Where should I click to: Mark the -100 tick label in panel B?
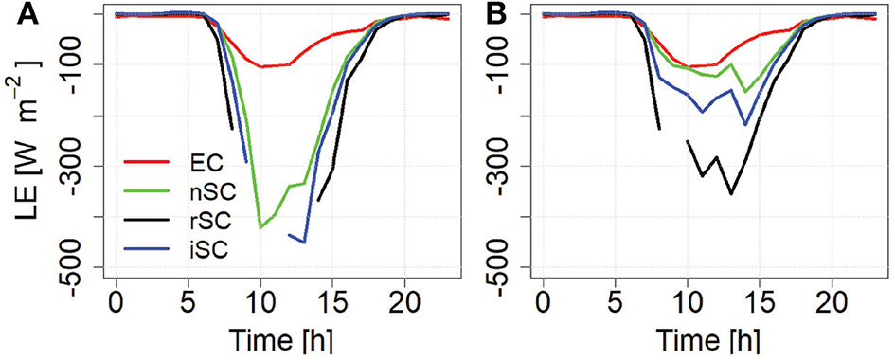(507, 64)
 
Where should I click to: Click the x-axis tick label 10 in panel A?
(260, 310)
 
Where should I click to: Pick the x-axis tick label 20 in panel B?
(831, 310)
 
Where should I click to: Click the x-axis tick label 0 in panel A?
(116, 310)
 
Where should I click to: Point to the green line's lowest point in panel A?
(260, 227)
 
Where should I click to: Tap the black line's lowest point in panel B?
(730, 194)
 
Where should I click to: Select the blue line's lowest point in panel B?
(745, 124)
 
